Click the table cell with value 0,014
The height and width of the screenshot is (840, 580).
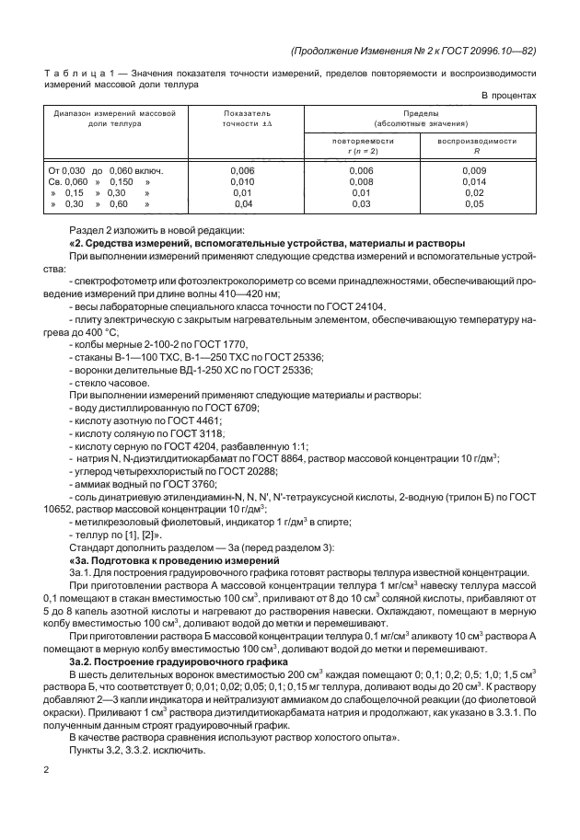coord(474,182)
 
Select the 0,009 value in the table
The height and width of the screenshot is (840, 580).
coord(474,171)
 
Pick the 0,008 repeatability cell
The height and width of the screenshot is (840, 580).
coord(363,182)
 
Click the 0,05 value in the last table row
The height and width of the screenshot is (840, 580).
coord(474,204)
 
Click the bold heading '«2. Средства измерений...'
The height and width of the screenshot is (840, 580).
coord(266,242)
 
